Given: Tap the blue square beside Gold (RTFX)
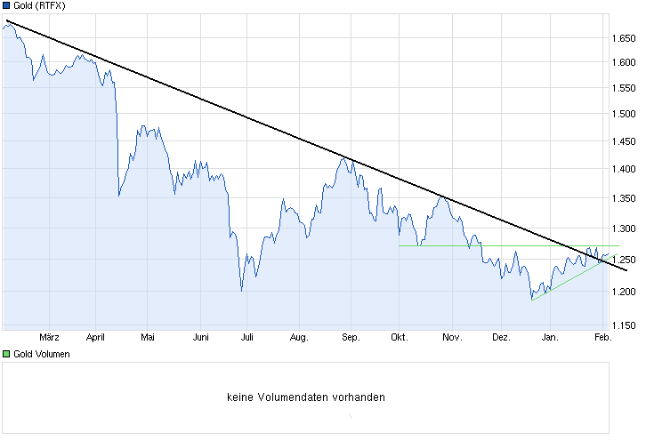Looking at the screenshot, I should click(x=5, y=5).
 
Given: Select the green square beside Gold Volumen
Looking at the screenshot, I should click(x=5, y=354).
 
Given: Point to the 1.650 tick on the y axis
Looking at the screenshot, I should click(x=622, y=38).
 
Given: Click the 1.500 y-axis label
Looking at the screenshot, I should click(x=622, y=114).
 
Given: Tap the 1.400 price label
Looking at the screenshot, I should click(x=622, y=168).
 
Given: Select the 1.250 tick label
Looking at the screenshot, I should click(x=622, y=259).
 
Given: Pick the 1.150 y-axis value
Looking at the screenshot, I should click(x=622, y=325).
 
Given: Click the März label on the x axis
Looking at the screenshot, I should click(x=50, y=337).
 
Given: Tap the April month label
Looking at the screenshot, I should click(x=95, y=337).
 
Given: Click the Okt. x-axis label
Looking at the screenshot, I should click(x=400, y=337).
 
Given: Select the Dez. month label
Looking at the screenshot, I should click(x=501, y=337).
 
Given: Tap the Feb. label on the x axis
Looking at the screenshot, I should click(x=602, y=337).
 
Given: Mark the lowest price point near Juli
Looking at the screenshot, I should click(x=241, y=290).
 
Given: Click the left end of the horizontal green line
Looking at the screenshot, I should click(x=400, y=245).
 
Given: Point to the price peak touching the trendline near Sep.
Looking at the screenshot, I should click(x=343, y=157).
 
